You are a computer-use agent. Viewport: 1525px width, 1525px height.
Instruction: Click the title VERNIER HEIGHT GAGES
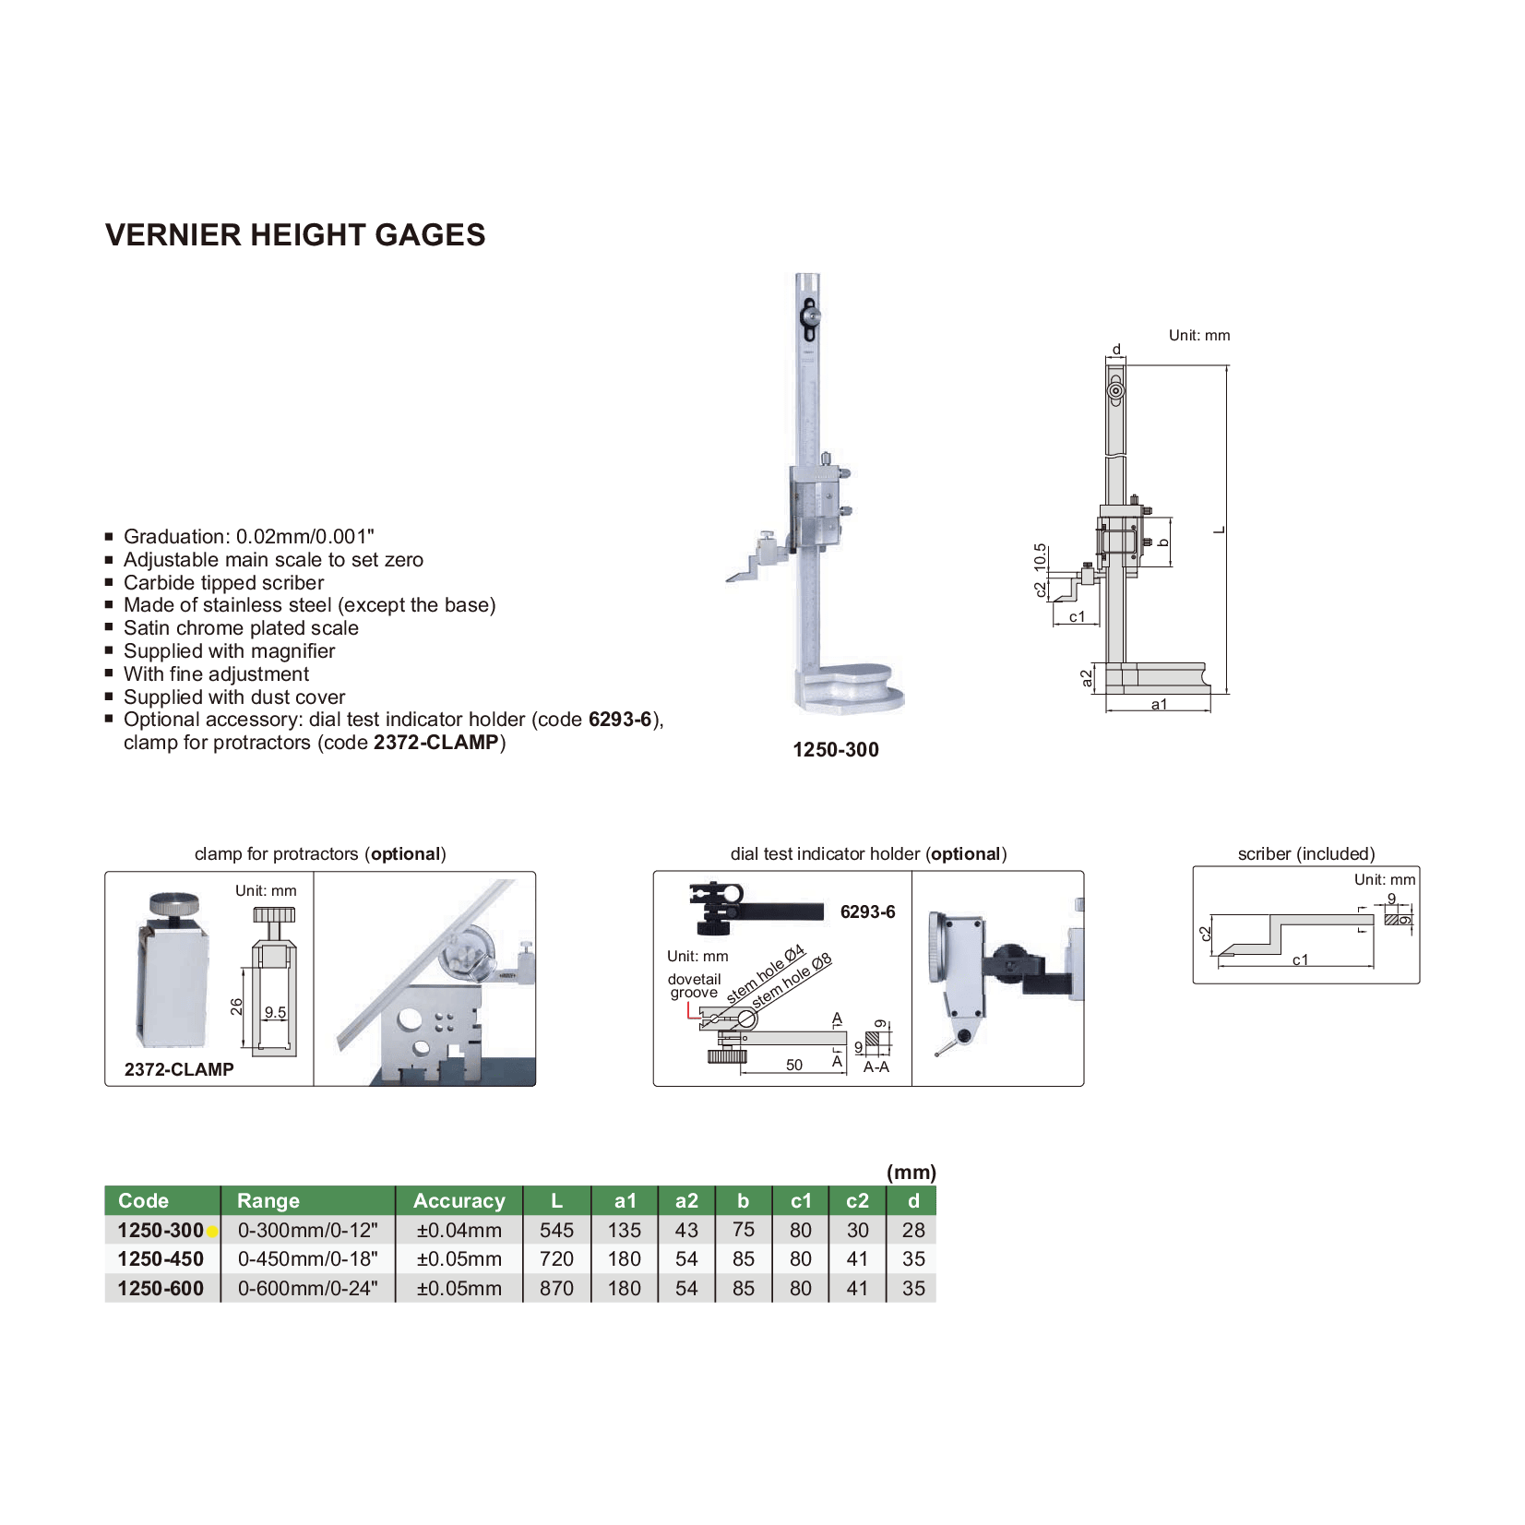point(295,235)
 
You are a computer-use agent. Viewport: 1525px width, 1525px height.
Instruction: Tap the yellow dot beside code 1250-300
point(212,1232)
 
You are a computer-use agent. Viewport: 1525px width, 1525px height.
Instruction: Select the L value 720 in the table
point(556,1259)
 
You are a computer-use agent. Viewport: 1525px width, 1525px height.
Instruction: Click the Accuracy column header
point(459,1201)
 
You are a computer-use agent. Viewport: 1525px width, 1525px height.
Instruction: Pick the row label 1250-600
point(161,1289)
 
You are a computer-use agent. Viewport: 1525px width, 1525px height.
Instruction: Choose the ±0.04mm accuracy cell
point(459,1231)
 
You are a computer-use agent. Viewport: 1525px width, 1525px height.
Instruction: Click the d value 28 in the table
point(913,1231)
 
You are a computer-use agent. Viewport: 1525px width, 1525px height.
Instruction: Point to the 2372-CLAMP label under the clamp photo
point(179,1069)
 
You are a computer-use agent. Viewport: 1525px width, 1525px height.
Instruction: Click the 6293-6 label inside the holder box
point(867,912)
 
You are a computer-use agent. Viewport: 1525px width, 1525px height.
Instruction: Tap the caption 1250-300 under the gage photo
point(836,750)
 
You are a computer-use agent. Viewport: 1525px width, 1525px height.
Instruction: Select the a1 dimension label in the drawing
point(1159,705)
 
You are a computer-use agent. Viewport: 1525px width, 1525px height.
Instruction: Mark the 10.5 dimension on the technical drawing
point(1041,556)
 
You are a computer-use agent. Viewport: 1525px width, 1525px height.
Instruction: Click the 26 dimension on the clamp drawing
point(237,1007)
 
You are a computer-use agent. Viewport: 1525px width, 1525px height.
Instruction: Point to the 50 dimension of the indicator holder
point(794,1065)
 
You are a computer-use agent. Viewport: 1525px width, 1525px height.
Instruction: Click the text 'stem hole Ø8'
point(792,981)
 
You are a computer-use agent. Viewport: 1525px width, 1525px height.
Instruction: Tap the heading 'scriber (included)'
point(1305,854)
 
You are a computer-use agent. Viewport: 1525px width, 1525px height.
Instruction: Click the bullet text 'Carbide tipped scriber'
point(224,583)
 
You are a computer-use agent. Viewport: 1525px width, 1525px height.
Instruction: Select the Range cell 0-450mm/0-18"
point(307,1259)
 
